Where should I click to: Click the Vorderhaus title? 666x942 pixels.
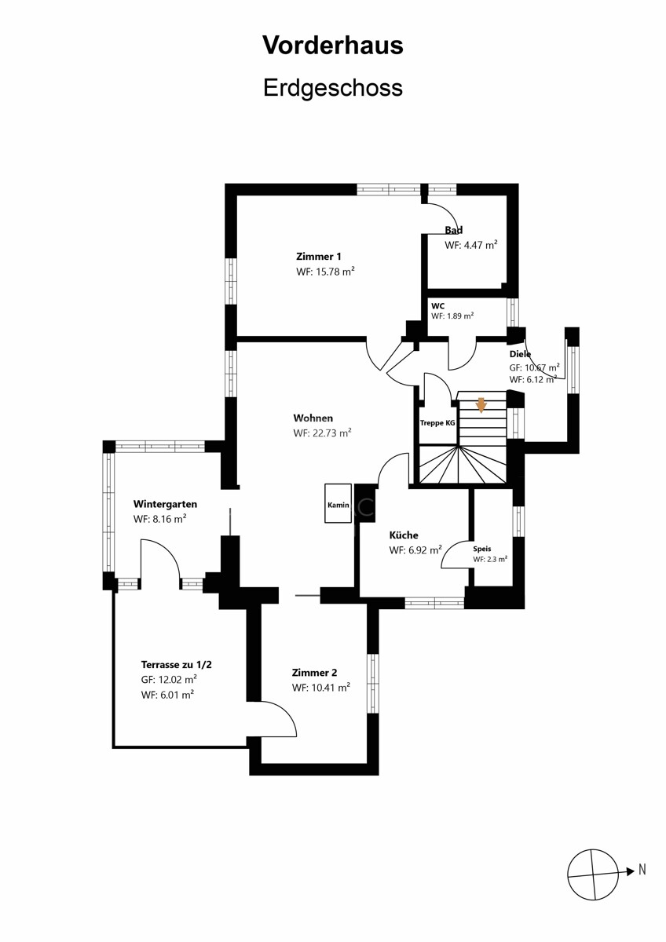[333, 46]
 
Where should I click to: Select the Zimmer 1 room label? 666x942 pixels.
[319, 257]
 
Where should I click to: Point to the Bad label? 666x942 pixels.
[453, 230]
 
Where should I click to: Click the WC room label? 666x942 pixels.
[437, 306]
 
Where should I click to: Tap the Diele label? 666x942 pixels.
[520, 354]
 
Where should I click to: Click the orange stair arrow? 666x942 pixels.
[481, 406]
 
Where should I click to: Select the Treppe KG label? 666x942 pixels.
[437, 423]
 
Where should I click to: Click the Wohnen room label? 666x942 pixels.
[313, 418]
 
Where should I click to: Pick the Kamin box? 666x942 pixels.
[338, 503]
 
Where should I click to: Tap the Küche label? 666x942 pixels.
[404, 535]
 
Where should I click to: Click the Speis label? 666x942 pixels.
[481, 549]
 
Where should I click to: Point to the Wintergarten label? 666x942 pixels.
[165, 504]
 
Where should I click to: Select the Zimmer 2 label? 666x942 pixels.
[314, 673]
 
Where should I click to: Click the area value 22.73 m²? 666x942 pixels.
[332, 433]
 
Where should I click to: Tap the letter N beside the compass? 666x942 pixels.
[642, 870]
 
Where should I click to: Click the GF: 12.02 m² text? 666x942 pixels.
[169, 680]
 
